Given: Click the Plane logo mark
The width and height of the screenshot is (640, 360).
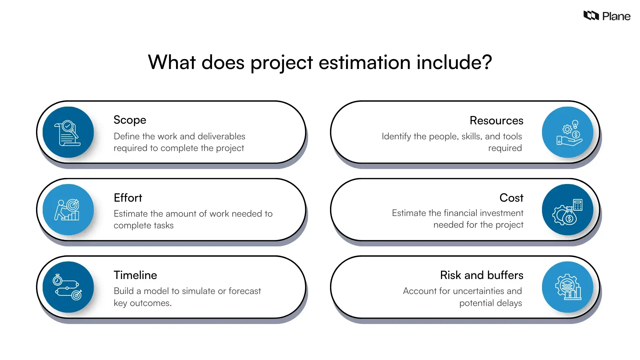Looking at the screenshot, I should tap(591, 15).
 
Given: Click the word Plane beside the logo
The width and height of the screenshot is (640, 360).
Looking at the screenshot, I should tap(616, 16).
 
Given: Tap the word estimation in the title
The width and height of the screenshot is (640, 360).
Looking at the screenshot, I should tap(364, 62).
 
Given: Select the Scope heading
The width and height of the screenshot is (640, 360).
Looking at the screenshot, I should tap(130, 120).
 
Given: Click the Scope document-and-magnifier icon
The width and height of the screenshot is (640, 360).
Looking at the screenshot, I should tap(68, 132).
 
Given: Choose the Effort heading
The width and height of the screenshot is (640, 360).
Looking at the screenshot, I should tap(128, 198).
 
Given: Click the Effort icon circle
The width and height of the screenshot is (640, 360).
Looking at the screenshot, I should tap(68, 210).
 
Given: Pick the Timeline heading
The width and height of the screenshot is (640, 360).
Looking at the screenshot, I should tap(135, 275).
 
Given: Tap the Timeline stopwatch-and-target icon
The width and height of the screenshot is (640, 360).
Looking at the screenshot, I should tap(68, 287).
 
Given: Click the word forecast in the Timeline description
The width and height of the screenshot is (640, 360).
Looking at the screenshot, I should tap(245, 291).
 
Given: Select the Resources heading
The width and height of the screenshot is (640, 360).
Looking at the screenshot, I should tap(496, 120).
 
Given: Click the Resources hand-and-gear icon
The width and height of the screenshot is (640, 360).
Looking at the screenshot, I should tap(568, 132).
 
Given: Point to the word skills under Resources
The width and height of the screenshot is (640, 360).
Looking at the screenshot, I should tap(471, 136).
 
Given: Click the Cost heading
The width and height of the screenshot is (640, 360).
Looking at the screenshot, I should tap(511, 198).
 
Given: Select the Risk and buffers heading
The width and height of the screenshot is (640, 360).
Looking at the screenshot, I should tap(482, 275).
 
